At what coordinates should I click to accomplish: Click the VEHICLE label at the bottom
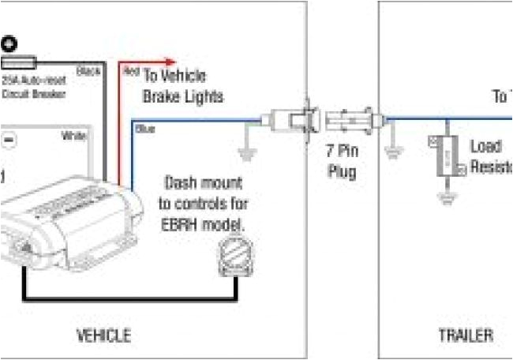(103, 336)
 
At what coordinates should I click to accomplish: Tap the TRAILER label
(466, 336)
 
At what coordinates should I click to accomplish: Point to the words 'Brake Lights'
(183, 96)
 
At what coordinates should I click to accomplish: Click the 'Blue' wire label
(144, 129)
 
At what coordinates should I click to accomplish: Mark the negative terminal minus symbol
(9, 139)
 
